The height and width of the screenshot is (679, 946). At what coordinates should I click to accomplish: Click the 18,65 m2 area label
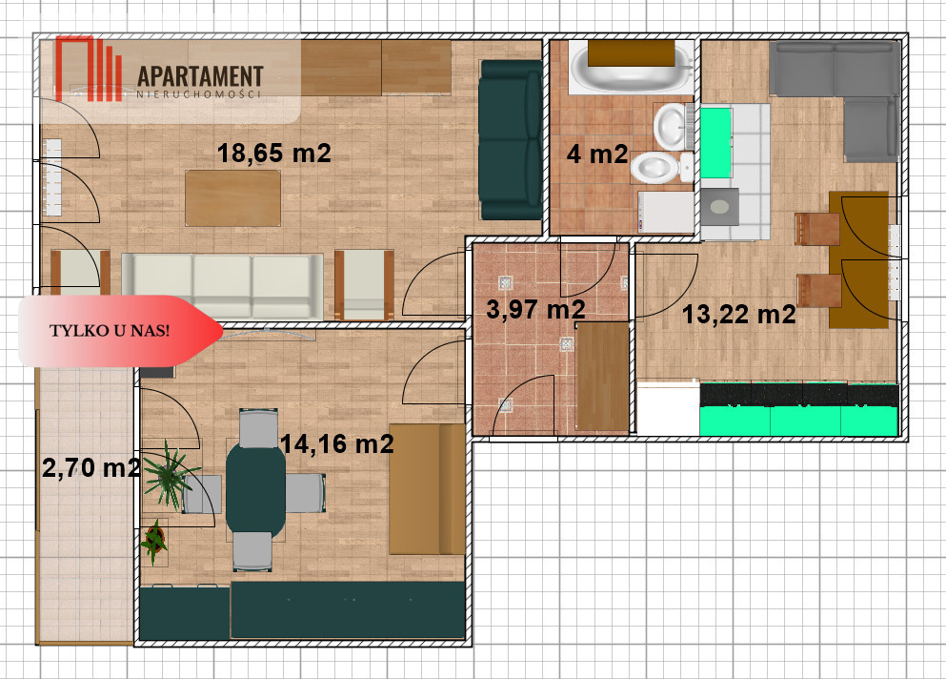click(274, 153)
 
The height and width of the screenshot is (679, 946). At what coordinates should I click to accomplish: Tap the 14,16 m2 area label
click(336, 444)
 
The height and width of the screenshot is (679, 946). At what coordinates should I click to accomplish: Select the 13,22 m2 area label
click(738, 315)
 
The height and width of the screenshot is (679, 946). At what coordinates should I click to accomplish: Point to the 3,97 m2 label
click(535, 310)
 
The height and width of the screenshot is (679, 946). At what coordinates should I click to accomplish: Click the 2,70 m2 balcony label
click(91, 468)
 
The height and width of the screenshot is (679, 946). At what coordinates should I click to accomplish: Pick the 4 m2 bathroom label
click(597, 154)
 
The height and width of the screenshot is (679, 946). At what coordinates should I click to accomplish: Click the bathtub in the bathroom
click(631, 67)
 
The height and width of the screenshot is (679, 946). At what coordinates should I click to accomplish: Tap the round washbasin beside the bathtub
click(671, 126)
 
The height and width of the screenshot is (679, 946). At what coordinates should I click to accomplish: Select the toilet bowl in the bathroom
click(661, 167)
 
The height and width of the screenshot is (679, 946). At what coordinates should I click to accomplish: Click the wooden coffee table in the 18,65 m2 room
click(232, 198)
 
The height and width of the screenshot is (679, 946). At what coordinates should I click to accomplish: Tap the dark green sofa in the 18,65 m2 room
click(511, 139)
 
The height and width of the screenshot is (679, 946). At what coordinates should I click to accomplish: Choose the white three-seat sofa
click(223, 286)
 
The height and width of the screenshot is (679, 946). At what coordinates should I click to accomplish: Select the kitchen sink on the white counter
click(720, 207)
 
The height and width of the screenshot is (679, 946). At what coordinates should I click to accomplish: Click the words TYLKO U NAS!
click(110, 331)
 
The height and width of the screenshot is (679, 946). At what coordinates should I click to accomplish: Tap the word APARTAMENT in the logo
click(200, 76)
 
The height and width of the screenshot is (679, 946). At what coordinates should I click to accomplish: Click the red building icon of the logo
click(88, 69)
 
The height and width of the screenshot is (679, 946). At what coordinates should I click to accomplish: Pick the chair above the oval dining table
click(258, 428)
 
